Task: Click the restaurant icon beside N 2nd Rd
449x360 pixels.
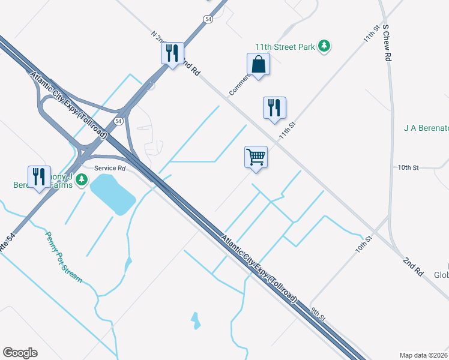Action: (x=172, y=53)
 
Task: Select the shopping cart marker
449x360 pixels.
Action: (x=256, y=157)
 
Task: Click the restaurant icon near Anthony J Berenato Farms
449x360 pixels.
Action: (x=39, y=176)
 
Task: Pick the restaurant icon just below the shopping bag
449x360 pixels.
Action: (x=274, y=108)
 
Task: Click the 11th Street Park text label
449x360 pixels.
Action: (x=285, y=46)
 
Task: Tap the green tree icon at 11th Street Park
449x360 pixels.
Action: (x=324, y=46)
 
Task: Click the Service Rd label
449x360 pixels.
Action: (x=109, y=169)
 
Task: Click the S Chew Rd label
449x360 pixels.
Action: (x=387, y=43)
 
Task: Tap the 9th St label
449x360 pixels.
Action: (x=318, y=313)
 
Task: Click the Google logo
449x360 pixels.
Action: (x=20, y=353)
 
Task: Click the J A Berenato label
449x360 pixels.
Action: (x=426, y=128)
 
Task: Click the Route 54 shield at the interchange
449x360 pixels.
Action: (x=119, y=121)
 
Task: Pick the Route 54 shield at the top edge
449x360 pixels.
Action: (x=208, y=19)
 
